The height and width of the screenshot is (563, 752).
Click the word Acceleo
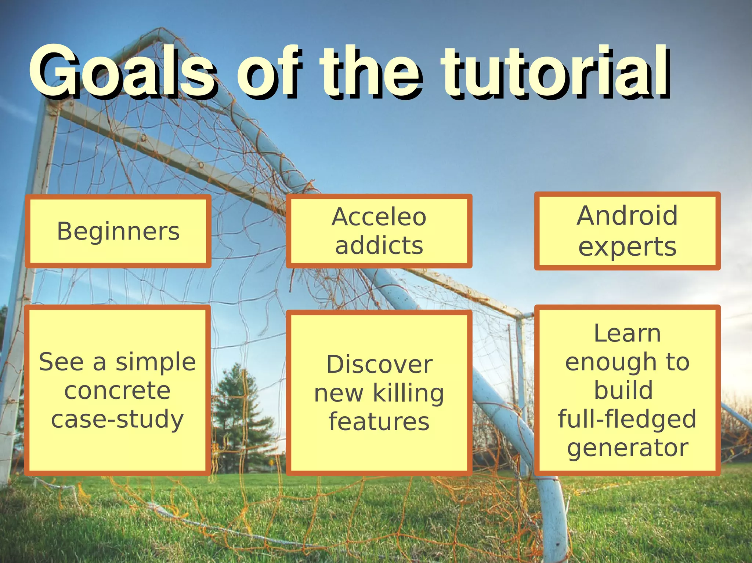tap(379, 217)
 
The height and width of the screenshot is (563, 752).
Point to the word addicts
tap(379, 245)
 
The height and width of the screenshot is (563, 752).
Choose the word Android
tap(627, 216)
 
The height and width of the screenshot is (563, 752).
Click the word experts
tap(627, 246)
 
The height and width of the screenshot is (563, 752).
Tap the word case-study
tap(117, 419)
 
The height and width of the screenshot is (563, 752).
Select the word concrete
tap(117, 391)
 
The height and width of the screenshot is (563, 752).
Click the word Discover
tap(379, 365)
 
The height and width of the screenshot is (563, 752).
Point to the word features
tap(379, 422)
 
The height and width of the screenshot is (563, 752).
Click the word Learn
tap(627, 333)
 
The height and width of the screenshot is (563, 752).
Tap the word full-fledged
tap(627, 419)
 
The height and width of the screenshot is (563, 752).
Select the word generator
tap(627, 448)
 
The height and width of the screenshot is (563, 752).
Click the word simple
tap(156, 362)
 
